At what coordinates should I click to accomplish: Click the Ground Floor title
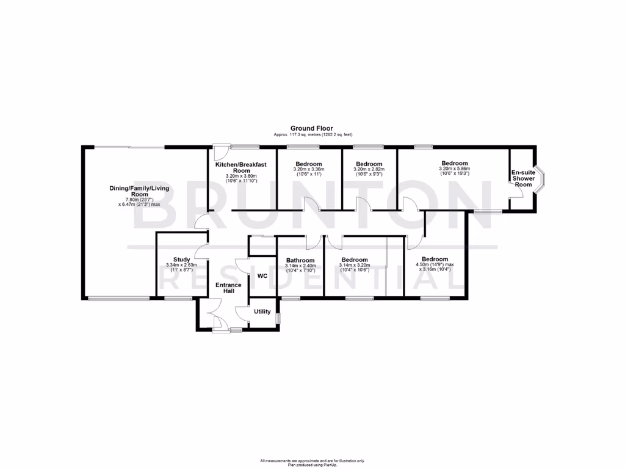point(311,128)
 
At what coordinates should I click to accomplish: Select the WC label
point(262,276)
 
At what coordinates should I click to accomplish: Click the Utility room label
point(262,311)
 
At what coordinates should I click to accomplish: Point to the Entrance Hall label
point(228,288)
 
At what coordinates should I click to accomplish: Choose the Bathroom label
point(300,260)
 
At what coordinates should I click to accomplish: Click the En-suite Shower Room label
point(523,178)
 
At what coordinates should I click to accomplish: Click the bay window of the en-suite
point(540,180)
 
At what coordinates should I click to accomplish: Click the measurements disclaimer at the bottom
point(312,461)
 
